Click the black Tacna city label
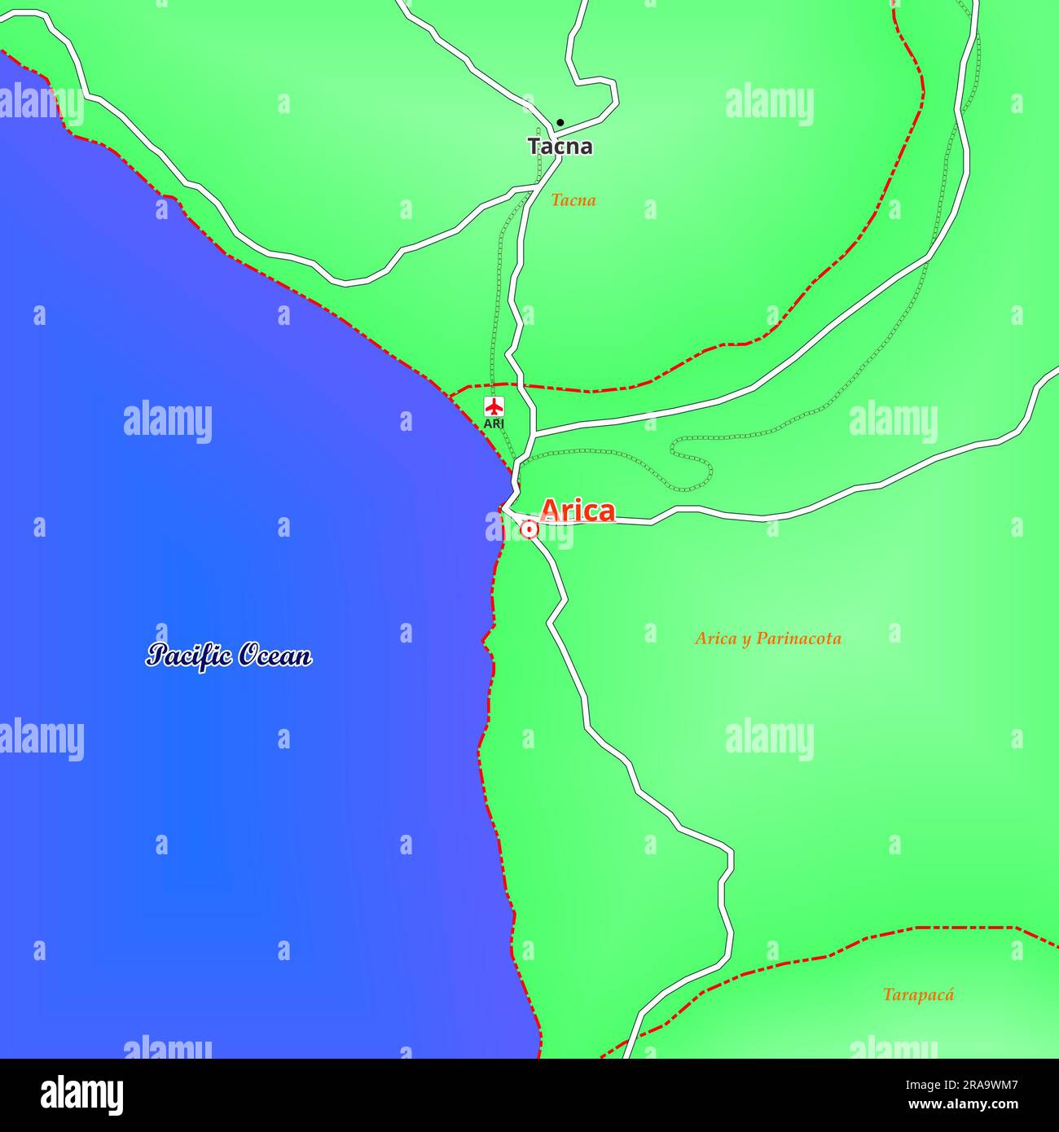coord(560,147)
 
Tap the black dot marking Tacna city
coord(560,123)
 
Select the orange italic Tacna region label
coord(573,200)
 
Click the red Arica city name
coord(578,511)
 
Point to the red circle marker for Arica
coord(529,530)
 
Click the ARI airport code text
coord(494,424)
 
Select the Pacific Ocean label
coord(229,656)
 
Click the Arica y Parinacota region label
coord(767,638)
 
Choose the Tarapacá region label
coord(918,994)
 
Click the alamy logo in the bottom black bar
coord(82,1095)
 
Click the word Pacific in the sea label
coord(188,656)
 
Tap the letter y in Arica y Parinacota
coord(745,640)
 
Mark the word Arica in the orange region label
coord(715,638)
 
